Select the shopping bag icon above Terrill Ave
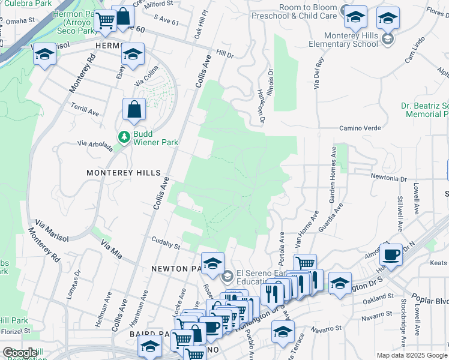coord(134,110)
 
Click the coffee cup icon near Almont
coord(391,254)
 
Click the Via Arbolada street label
coord(95,143)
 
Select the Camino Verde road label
coord(360,128)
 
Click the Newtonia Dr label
coord(389,178)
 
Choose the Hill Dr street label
coord(225,54)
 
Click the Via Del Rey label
coord(318,73)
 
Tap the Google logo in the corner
coord(20,353)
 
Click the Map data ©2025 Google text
coord(411,355)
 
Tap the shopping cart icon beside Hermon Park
coord(105,20)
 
